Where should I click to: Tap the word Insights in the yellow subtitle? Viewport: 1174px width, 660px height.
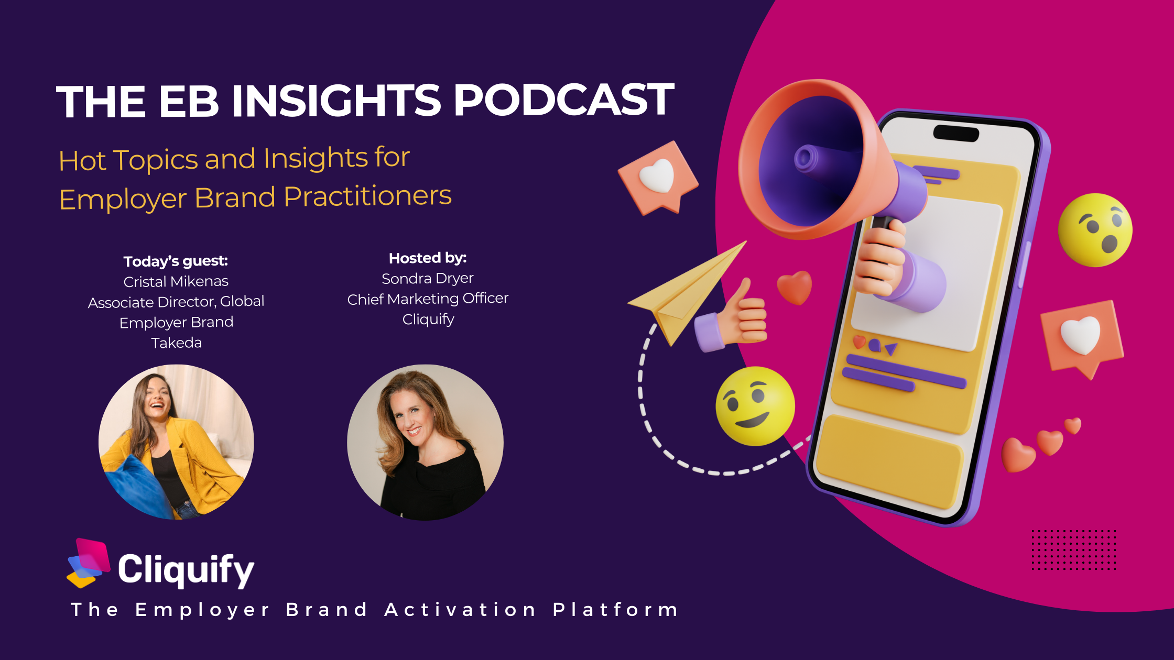tap(316, 158)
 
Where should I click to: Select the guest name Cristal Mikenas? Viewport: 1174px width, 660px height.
tap(176, 281)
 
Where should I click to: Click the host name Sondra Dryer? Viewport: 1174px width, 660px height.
tap(428, 278)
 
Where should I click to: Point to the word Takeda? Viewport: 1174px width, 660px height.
tap(177, 343)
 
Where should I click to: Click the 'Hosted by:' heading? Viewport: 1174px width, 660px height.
tap(428, 258)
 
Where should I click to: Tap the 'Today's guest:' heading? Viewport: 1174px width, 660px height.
tap(176, 261)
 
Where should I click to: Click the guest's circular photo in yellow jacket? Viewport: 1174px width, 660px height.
tap(176, 442)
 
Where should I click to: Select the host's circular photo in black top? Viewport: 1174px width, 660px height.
tap(425, 442)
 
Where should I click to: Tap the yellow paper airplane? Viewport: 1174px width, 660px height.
tap(687, 293)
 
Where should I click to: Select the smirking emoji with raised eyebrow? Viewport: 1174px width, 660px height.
tap(755, 406)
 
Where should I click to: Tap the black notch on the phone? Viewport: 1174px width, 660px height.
tap(956, 133)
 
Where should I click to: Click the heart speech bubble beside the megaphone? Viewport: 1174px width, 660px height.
tap(658, 178)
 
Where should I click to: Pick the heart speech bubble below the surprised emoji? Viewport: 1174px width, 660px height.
tap(1081, 338)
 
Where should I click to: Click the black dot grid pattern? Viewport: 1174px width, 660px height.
tap(1074, 549)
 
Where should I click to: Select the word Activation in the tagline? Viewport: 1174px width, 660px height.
tap(460, 609)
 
